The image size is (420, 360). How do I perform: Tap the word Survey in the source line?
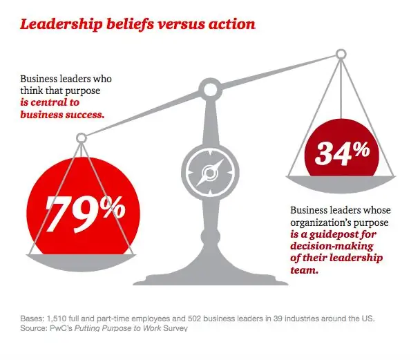tap(174, 328)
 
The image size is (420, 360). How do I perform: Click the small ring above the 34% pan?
tap(340, 54)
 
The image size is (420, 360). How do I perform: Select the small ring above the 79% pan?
tap(82, 138)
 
